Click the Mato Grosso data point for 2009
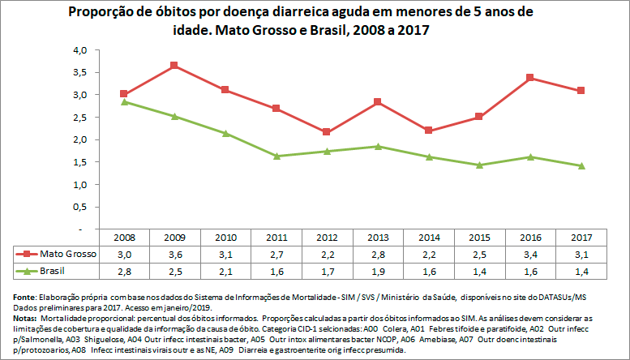point(174,65)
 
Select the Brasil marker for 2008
point(124,101)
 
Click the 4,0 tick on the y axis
point(78,50)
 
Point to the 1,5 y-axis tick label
point(78,162)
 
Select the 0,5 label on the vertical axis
point(78,207)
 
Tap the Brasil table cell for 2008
point(124,270)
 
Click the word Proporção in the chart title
point(104,13)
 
